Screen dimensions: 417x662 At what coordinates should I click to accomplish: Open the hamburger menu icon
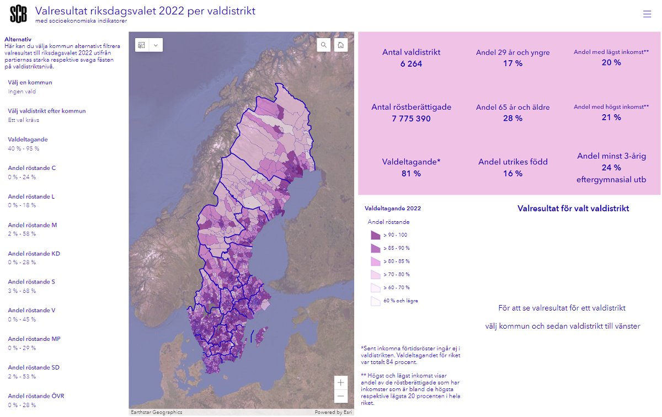[647, 14]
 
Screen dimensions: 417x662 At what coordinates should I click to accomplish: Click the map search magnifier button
[323, 45]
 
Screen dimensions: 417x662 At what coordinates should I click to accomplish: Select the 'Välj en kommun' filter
[30, 83]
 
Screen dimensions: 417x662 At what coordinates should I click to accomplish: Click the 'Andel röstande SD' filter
[34, 367]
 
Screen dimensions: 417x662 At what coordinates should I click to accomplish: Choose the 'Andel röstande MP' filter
[34, 339]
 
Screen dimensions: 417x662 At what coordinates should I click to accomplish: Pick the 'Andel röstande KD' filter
[34, 254]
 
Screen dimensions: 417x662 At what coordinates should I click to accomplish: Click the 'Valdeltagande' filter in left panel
[28, 140]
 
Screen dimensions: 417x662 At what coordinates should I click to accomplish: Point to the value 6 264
[411, 64]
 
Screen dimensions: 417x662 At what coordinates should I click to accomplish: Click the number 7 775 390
[411, 119]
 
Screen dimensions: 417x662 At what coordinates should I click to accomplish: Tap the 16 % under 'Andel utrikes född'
[512, 174]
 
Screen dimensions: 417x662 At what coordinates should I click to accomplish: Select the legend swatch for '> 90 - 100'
[375, 235]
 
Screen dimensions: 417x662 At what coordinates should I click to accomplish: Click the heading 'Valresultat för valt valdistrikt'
[573, 209]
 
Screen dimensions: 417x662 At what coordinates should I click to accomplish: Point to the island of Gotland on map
[261, 333]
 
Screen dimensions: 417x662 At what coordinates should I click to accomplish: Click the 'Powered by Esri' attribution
[333, 412]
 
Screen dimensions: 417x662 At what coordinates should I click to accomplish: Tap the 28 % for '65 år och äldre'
[512, 119]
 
